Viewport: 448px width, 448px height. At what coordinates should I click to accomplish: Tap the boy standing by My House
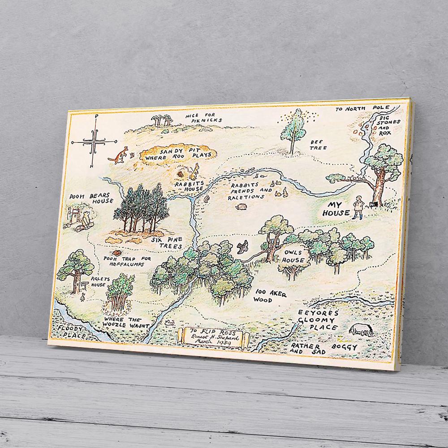pyautogui.click(x=357, y=207)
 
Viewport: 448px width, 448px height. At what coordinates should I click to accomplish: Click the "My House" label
pyautogui.click(x=336, y=208)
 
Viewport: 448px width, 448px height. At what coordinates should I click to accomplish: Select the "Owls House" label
pyautogui.click(x=294, y=257)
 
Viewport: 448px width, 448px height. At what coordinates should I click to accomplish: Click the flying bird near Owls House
pyautogui.click(x=243, y=246)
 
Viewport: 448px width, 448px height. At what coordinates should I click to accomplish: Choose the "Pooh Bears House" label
pyautogui.click(x=91, y=198)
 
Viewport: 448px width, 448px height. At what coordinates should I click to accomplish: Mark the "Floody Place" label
pyautogui.click(x=73, y=331)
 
